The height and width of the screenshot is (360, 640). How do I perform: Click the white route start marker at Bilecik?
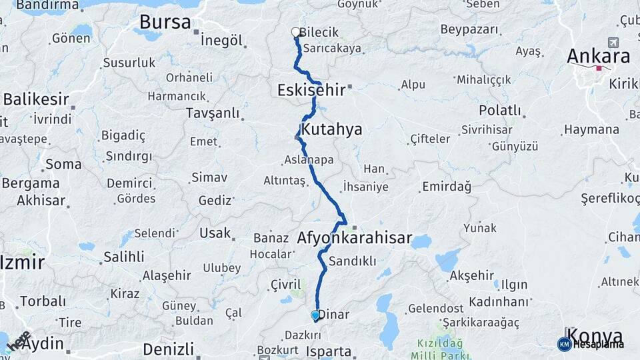click(x=295, y=31)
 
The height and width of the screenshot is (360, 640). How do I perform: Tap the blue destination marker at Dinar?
click(x=315, y=315)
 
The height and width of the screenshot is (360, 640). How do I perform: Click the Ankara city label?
click(x=598, y=56)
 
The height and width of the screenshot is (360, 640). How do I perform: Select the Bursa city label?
click(x=165, y=22)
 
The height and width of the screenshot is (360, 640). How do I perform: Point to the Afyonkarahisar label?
click(x=354, y=238)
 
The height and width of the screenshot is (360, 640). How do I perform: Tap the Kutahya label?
click(x=331, y=129)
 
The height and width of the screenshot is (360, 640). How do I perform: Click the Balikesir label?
click(x=36, y=99)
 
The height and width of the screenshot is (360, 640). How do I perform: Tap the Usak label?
click(x=215, y=233)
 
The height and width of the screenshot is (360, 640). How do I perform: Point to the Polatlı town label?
click(x=499, y=110)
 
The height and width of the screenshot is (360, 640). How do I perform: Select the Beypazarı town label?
click(x=469, y=30)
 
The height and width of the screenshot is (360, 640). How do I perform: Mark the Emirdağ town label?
click(x=446, y=187)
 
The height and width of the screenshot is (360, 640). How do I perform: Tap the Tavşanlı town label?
click(x=212, y=112)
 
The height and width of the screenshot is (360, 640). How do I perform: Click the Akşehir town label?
click(x=471, y=275)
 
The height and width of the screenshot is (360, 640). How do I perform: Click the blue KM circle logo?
click(x=564, y=344)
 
